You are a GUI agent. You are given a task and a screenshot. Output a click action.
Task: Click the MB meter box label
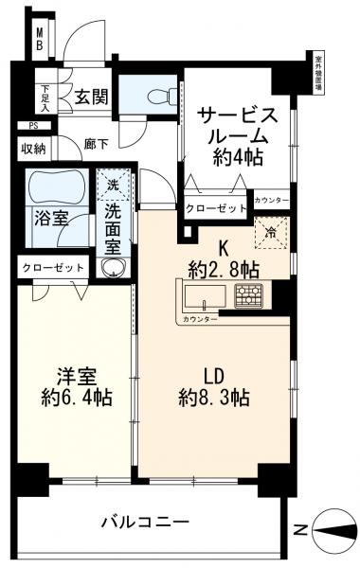pos(40,40)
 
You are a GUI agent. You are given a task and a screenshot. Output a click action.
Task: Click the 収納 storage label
pos(34,148)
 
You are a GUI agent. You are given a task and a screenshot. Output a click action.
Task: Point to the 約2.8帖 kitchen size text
pos(224,268)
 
